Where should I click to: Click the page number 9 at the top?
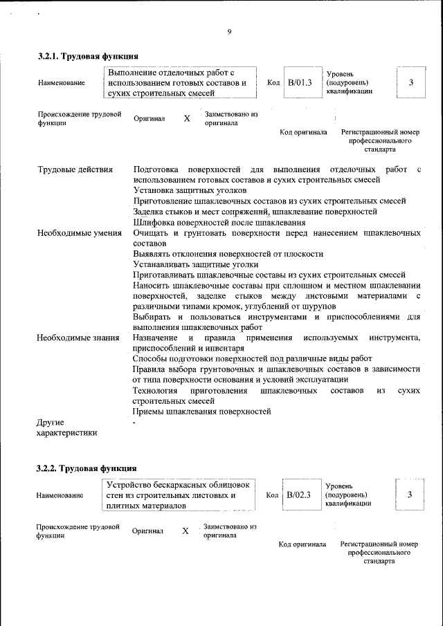tap(228, 31)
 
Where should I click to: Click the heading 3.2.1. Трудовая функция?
tap(88, 56)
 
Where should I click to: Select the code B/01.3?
tap(300, 82)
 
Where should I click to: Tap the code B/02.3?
tap(299, 495)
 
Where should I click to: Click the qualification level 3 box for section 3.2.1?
tap(411, 82)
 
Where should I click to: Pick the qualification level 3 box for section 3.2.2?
tap(410, 494)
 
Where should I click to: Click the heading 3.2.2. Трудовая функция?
tap(87, 468)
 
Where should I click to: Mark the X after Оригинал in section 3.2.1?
tap(187, 118)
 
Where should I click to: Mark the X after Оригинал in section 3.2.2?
tap(186, 531)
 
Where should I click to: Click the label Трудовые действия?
tap(75, 169)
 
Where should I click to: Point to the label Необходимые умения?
tap(80, 233)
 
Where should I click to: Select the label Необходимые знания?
tap(76, 338)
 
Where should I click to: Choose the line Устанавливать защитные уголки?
tap(196, 264)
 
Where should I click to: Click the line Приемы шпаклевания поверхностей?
tap(201, 412)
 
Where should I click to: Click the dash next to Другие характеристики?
tap(135, 422)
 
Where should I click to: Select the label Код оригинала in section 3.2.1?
tap(303, 132)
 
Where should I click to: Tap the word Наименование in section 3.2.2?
tap(61, 495)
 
